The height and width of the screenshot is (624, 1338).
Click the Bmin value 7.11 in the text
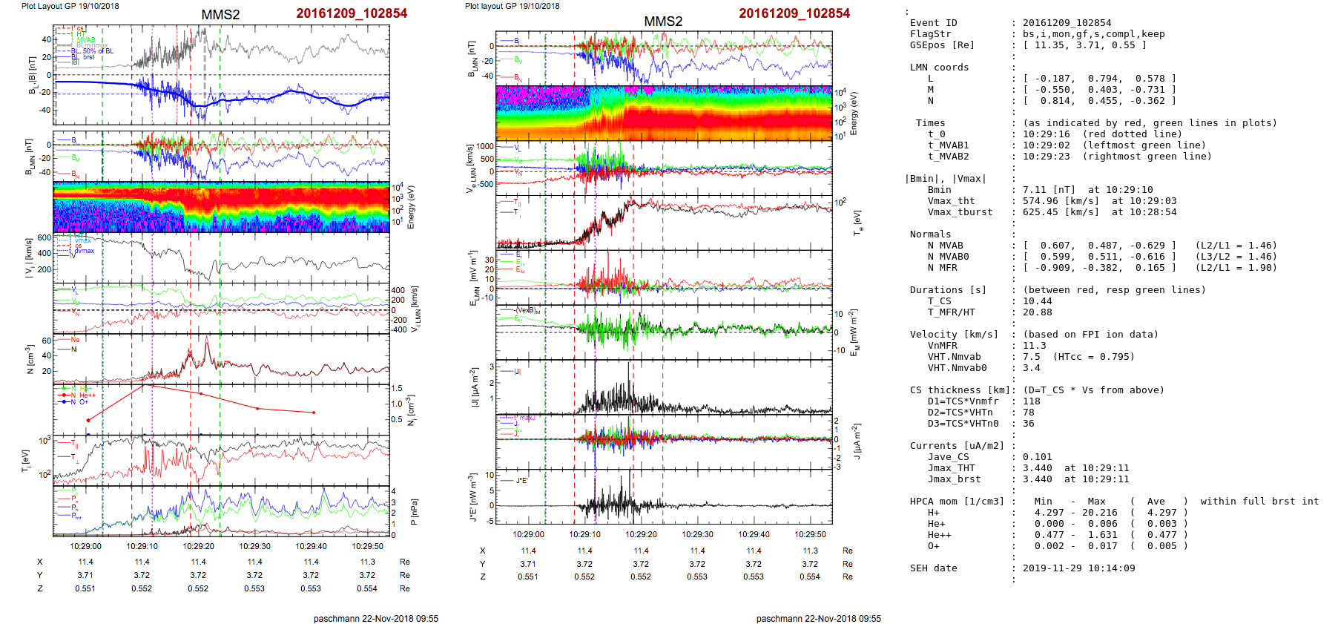pyautogui.click(x=1034, y=190)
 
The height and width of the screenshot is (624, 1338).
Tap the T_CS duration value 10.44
pyautogui.click(x=1037, y=301)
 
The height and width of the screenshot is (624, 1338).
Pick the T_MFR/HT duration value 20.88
pyautogui.click(x=1037, y=312)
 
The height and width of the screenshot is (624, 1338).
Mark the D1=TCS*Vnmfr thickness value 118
pyautogui.click(x=1031, y=401)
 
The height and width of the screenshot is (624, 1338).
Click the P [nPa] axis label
pyautogui.click(x=413, y=511)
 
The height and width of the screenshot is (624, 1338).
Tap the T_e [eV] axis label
pyautogui.click(x=858, y=222)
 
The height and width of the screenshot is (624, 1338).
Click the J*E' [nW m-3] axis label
pyautogui.click(x=472, y=497)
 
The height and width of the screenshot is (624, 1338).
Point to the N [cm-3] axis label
pyautogui.click(x=30, y=358)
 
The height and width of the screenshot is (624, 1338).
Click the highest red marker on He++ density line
pyautogui.click(x=144, y=385)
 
